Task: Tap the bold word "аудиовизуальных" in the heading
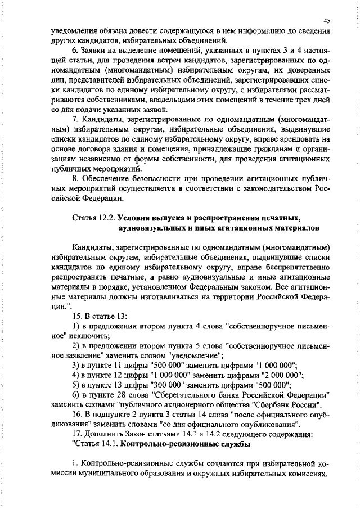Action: tap(151, 227)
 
